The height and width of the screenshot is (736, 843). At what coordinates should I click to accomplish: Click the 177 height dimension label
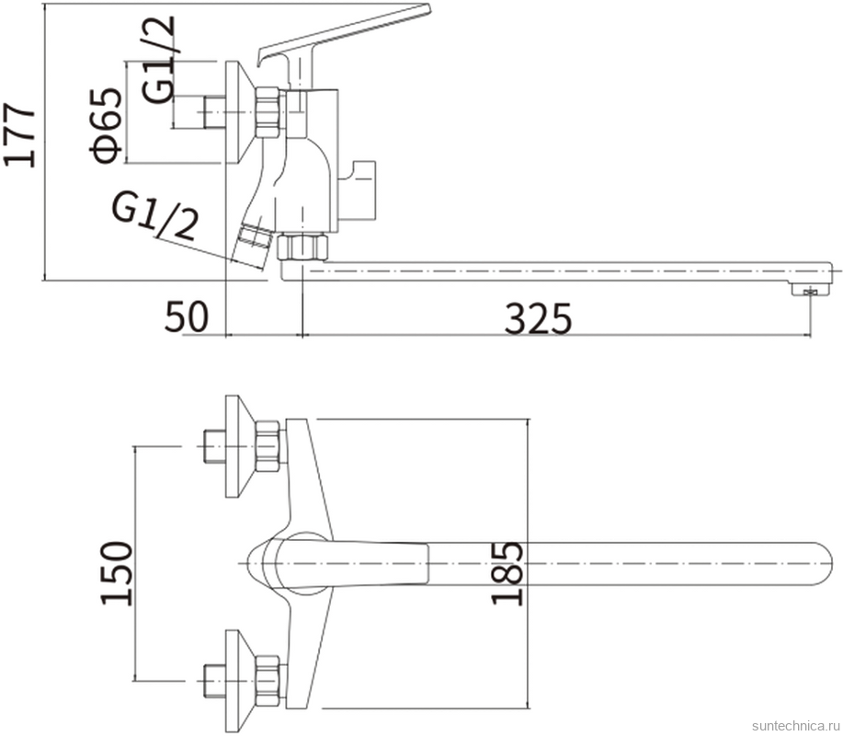coord(20,134)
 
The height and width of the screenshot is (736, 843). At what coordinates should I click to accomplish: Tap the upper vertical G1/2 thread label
coord(159,59)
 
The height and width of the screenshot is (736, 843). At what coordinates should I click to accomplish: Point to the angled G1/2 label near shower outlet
coord(154,216)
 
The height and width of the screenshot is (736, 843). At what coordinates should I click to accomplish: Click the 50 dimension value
coord(186,316)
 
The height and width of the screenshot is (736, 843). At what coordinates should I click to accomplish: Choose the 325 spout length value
coord(538,319)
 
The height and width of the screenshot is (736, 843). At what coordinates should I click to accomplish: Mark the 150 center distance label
coord(116,573)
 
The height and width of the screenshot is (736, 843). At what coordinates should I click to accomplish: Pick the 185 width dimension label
coord(507,573)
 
